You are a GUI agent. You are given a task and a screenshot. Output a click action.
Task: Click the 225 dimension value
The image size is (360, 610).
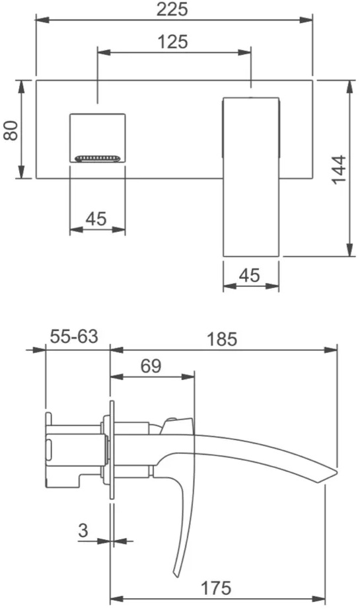tap(172, 9)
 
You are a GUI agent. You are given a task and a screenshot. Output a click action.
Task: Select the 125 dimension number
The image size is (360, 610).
tap(172, 41)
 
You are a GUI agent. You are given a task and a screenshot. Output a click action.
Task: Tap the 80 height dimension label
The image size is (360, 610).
tap(11, 130)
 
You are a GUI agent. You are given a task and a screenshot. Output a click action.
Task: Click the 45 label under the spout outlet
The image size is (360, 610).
tap(96, 219)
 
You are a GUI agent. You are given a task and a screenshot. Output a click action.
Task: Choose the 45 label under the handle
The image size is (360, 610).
tap(249, 276)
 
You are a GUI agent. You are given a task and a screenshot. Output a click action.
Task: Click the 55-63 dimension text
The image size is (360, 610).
tap(74, 336)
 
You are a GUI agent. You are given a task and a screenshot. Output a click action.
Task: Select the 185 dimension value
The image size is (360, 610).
tap(221, 339)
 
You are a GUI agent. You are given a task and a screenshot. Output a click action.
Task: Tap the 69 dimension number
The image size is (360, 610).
tap(151, 365)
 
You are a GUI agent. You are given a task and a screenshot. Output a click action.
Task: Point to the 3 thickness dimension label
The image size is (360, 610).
tap(83, 530)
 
